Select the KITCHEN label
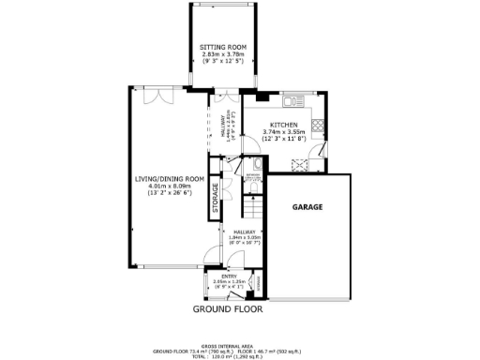tap(284, 125)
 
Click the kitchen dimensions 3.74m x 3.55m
tap(284, 133)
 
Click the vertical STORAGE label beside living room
tap(215, 198)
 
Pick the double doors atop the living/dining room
tap(165, 97)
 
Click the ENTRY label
tap(228, 276)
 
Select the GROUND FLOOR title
tap(228, 308)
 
